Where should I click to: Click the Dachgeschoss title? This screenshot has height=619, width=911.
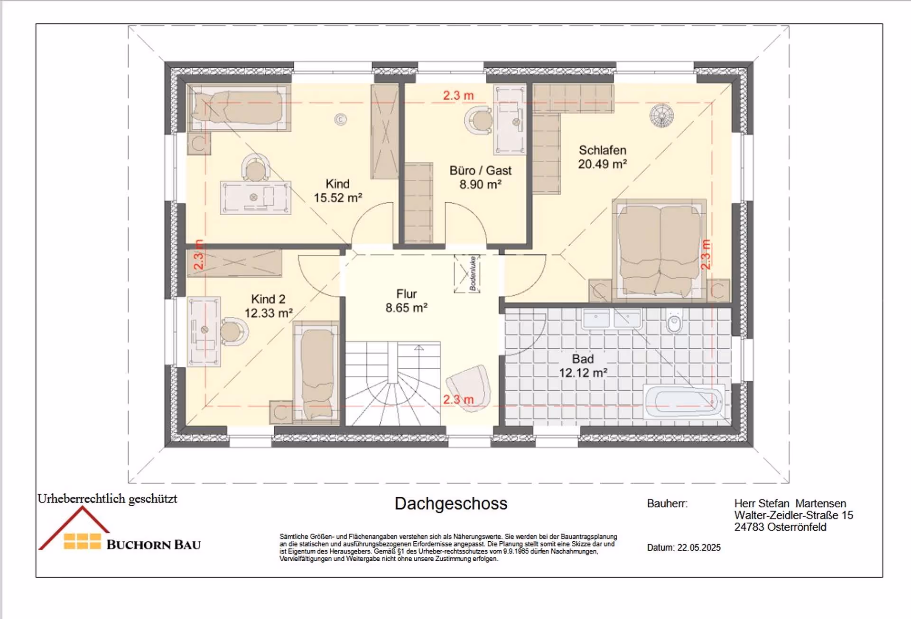click(x=451, y=504)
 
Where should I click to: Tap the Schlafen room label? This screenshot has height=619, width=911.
click(x=603, y=150)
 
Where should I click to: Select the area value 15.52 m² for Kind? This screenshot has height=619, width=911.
click(x=338, y=198)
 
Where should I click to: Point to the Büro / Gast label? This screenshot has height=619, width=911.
click(x=480, y=171)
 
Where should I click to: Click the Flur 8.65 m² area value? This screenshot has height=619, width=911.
click(x=407, y=308)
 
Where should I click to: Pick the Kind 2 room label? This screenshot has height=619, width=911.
click(x=268, y=299)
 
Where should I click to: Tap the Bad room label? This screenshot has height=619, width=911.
click(x=583, y=359)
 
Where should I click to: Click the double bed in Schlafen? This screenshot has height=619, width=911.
click(x=659, y=250)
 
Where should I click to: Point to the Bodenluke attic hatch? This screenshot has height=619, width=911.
click(x=467, y=274)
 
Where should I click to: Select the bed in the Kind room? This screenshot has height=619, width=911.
click(x=239, y=108)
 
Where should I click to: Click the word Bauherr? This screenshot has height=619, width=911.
click(x=667, y=503)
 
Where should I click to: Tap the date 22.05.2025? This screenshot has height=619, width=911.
click(x=699, y=547)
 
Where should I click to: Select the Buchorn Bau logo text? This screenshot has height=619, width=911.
click(x=154, y=545)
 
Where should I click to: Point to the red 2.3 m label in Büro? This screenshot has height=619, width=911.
click(x=458, y=95)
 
